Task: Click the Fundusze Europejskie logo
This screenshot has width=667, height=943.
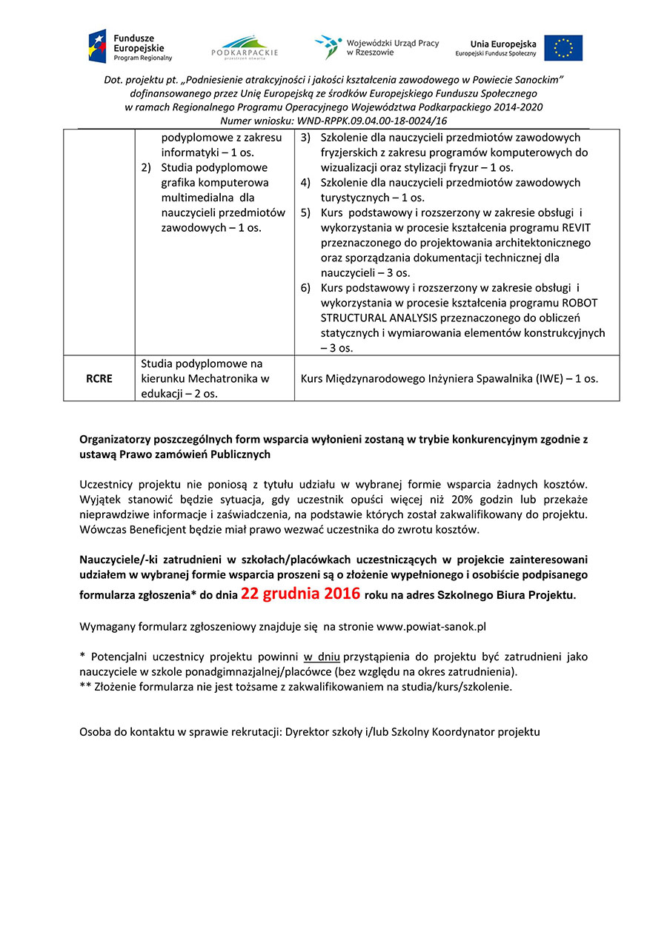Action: pos(130,46)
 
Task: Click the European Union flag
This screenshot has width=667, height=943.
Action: pos(563,48)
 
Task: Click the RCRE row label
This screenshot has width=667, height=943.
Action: pos(99,379)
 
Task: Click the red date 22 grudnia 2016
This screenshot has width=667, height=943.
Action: pos(300,594)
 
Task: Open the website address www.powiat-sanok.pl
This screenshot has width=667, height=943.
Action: pos(431,627)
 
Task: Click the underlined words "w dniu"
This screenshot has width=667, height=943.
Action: pos(321,657)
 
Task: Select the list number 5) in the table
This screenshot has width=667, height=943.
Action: pos(305,212)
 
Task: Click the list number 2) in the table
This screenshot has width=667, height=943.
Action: pos(147,167)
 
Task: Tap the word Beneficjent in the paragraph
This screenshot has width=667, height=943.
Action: pos(162,530)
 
